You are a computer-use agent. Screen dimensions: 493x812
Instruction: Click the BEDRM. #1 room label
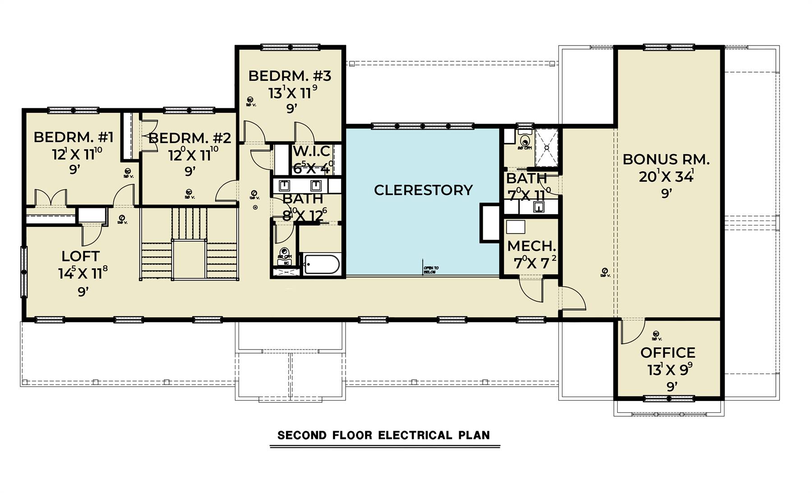click(74, 137)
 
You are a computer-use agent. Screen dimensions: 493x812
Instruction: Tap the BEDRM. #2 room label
click(189, 138)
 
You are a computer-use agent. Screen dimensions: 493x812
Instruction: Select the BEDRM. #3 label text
click(290, 76)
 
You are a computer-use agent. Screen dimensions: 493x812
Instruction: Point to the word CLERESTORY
click(423, 190)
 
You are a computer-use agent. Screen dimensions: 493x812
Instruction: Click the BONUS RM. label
click(666, 159)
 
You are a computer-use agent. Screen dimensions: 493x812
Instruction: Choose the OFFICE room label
click(668, 352)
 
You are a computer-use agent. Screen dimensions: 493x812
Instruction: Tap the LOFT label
click(80, 256)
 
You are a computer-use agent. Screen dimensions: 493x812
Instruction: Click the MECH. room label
click(531, 246)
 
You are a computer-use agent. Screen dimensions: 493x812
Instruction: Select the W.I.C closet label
click(311, 151)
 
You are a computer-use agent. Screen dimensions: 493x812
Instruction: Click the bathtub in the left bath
click(322, 264)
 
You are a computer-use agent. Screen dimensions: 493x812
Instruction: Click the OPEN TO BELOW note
click(431, 270)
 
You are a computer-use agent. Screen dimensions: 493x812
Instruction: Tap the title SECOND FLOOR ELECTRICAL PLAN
click(383, 435)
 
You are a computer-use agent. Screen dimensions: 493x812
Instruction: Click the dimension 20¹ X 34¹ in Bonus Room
click(666, 176)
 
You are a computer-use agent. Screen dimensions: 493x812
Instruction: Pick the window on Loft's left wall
click(24, 272)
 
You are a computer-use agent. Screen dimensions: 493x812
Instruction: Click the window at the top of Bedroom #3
click(291, 47)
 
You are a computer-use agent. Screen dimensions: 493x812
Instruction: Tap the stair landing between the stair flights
click(189, 259)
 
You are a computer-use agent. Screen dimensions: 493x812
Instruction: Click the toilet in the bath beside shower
click(524, 140)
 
